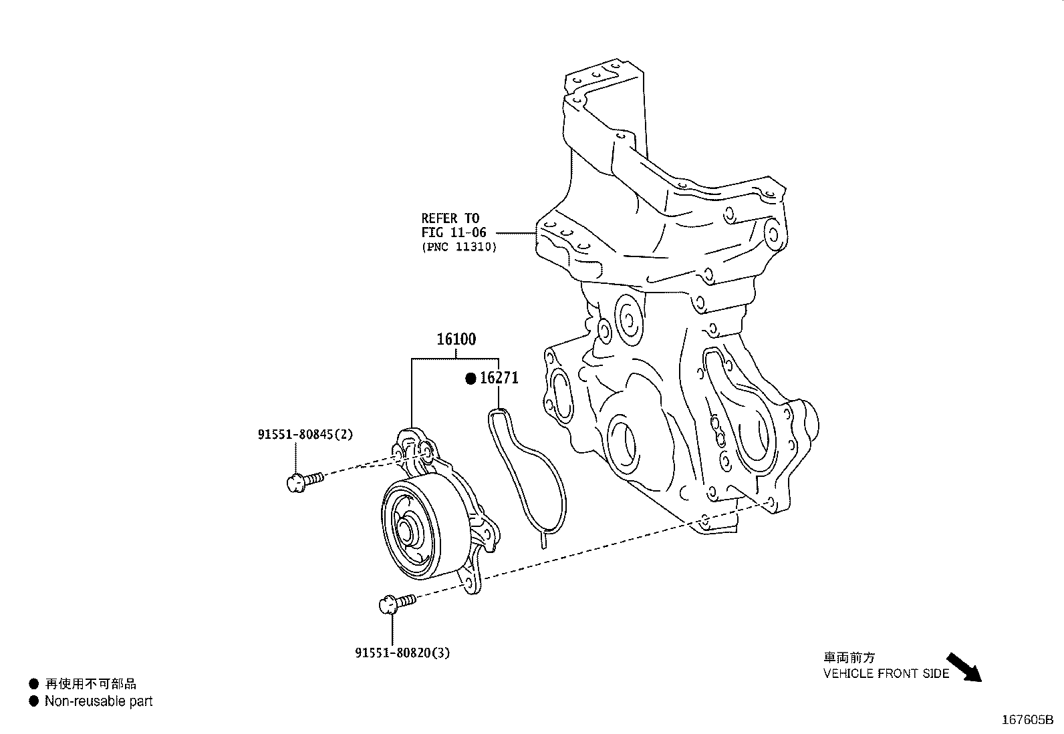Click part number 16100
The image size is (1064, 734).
tap(456, 339)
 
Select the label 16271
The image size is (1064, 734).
tap(499, 379)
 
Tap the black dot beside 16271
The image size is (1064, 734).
tap(471, 379)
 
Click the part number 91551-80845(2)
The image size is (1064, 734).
tap(305, 434)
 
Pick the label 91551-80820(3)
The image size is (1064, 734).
tap(402, 653)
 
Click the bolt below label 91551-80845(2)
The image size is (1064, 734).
tap(303, 480)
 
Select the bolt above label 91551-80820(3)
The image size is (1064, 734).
tap(396, 604)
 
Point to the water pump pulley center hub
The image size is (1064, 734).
tap(407, 531)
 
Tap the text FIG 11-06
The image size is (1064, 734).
tap(453, 232)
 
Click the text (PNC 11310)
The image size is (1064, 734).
tap(458, 246)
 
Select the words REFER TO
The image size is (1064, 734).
tap(450, 218)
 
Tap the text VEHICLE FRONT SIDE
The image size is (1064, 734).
tap(886, 673)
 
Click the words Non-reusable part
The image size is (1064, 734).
tap(98, 701)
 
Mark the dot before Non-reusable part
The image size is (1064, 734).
tap(33, 701)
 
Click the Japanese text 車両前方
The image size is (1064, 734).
tap(848, 658)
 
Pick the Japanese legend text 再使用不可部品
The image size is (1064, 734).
tap(90, 683)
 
